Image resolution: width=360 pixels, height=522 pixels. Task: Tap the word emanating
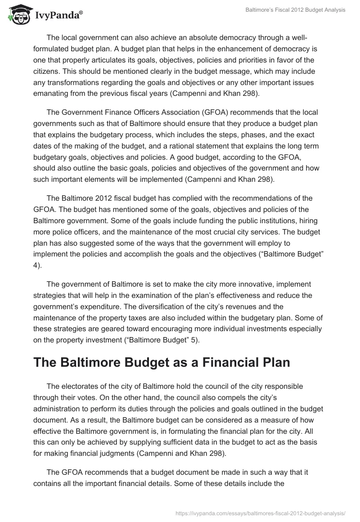(53, 94)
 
